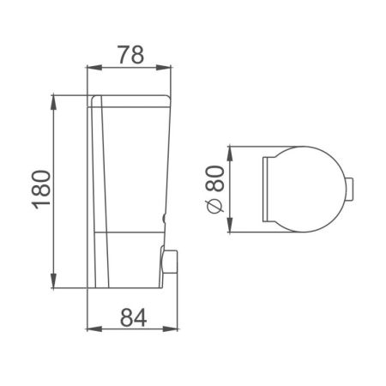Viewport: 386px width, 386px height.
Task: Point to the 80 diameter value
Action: pyautogui.click(x=214, y=182)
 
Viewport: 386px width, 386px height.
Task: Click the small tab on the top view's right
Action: pyautogui.click(x=350, y=187)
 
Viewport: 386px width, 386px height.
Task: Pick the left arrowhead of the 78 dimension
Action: pyautogui.click(x=92, y=69)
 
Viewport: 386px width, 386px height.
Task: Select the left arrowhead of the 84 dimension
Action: pyautogui.click(x=92, y=330)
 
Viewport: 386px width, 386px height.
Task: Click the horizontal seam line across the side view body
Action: pyautogui.click(x=129, y=229)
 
